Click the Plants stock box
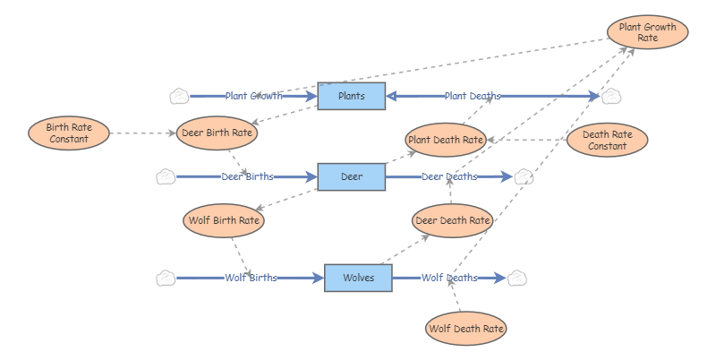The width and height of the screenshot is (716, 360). click(352, 96)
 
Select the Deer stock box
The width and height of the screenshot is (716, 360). click(352, 177)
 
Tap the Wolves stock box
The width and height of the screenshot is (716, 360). click(358, 279)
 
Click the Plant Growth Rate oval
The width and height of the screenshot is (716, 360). click(648, 32)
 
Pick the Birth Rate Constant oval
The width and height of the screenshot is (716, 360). click(69, 133)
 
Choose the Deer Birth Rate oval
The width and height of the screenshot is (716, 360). click(218, 133)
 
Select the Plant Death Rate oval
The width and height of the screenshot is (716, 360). click(446, 140)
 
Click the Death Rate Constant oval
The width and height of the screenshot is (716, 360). click(607, 140)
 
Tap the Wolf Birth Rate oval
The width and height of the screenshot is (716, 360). click(224, 220)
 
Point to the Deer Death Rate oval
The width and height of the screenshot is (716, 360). click(453, 220)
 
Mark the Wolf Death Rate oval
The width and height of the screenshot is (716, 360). click(465, 329)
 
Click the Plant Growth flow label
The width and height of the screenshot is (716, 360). click(254, 96)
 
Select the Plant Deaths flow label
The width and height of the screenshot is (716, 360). click(473, 96)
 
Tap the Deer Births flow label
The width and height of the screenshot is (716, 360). click(248, 177)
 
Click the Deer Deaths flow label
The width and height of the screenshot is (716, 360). click(449, 177)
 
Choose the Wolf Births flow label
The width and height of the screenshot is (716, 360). click(251, 279)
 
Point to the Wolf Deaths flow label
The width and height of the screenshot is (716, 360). click(449, 279)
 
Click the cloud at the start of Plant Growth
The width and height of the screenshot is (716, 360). click(179, 96)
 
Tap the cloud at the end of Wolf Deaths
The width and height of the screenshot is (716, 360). click(517, 279)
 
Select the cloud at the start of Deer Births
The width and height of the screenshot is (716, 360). click(166, 177)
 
